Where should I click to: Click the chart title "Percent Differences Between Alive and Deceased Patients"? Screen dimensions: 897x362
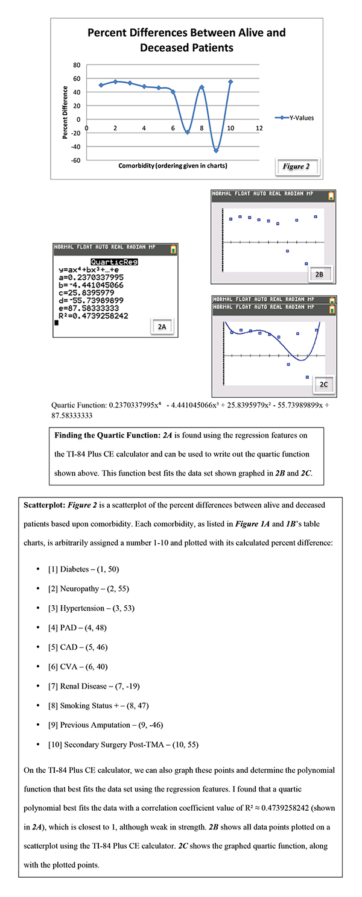[186, 39]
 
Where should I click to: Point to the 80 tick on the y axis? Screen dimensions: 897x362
[77, 65]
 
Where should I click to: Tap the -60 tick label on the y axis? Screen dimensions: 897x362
[75, 160]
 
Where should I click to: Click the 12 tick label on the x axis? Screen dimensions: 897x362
[259, 128]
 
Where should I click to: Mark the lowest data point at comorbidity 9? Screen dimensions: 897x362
[216, 150]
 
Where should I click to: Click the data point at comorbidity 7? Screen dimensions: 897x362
[188, 132]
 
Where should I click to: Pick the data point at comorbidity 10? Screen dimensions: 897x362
[230, 81]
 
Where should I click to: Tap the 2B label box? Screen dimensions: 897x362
[320, 274]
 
